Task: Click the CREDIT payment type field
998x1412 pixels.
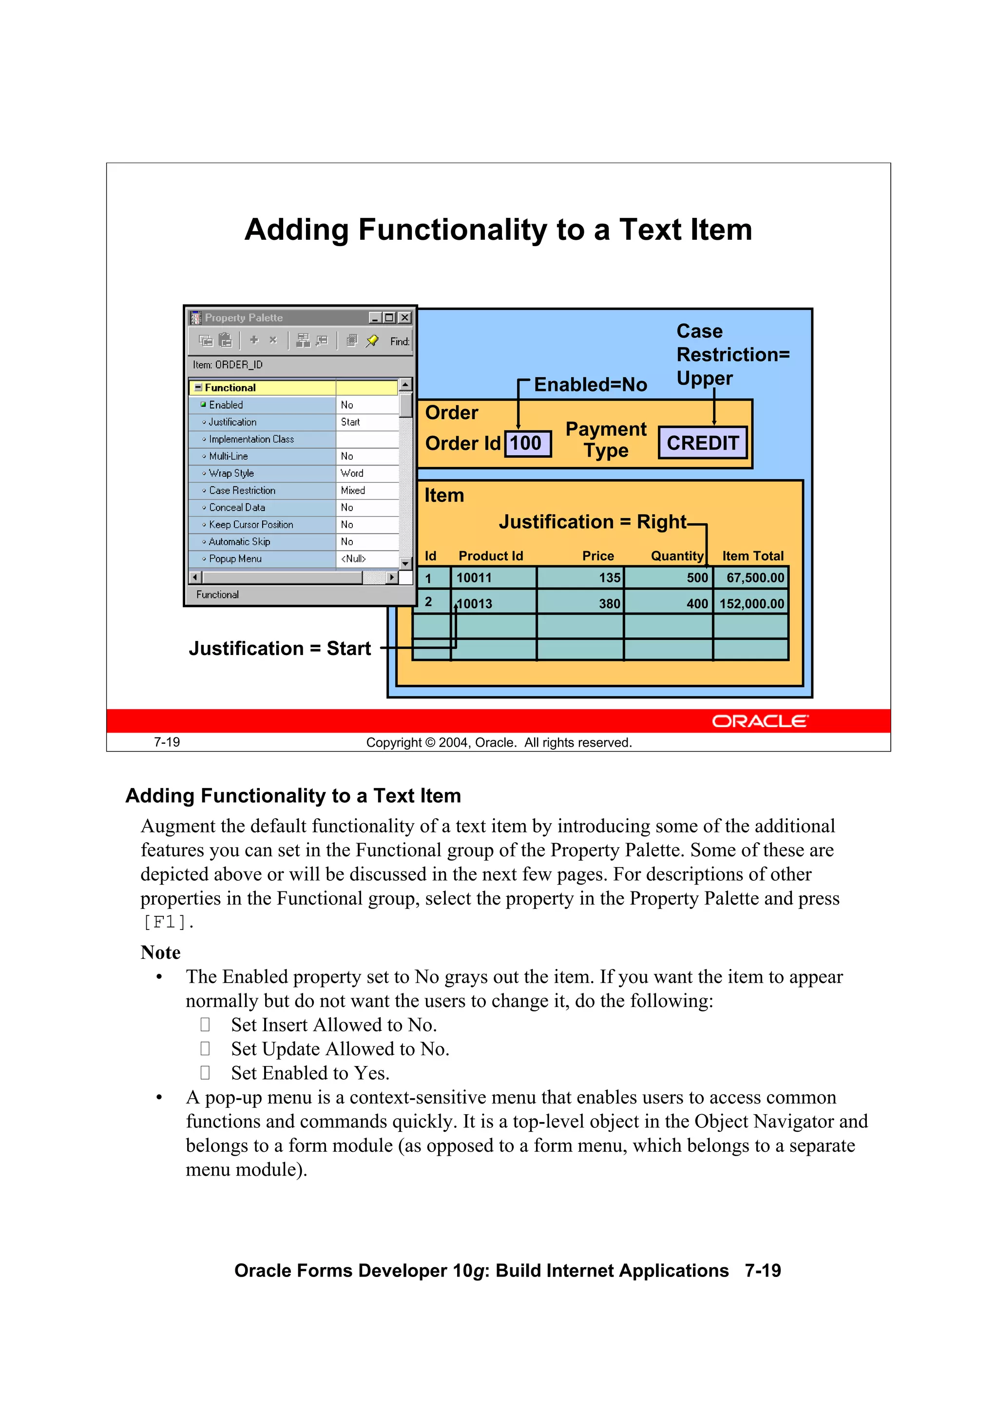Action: (x=702, y=443)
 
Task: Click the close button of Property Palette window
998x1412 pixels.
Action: (x=404, y=317)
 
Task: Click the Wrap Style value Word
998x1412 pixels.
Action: (x=352, y=473)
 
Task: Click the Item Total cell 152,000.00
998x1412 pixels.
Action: (x=751, y=603)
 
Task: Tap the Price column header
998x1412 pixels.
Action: (x=598, y=556)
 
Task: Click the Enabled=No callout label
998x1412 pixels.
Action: (x=590, y=385)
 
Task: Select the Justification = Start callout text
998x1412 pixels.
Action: (x=280, y=648)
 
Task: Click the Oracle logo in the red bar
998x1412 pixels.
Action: (x=760, y=721)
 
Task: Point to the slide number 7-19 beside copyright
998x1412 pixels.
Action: (x=167, y=742)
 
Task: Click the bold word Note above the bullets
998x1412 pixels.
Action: (x=160, y=952)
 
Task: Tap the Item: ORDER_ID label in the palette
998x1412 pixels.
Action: (x=228, y=365)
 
